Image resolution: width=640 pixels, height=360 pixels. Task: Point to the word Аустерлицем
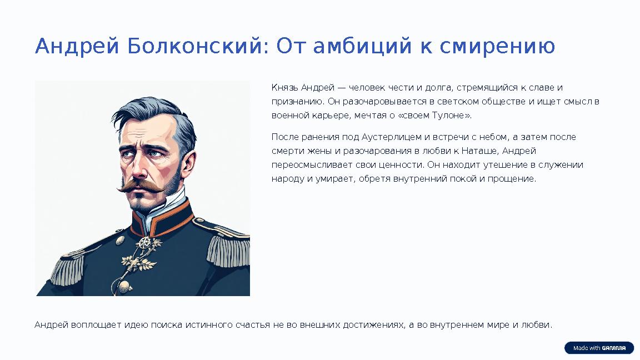point(392,137)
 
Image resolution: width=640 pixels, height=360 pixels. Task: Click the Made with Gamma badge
point(599,348)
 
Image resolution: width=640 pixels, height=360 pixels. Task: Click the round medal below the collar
point(146,243)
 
